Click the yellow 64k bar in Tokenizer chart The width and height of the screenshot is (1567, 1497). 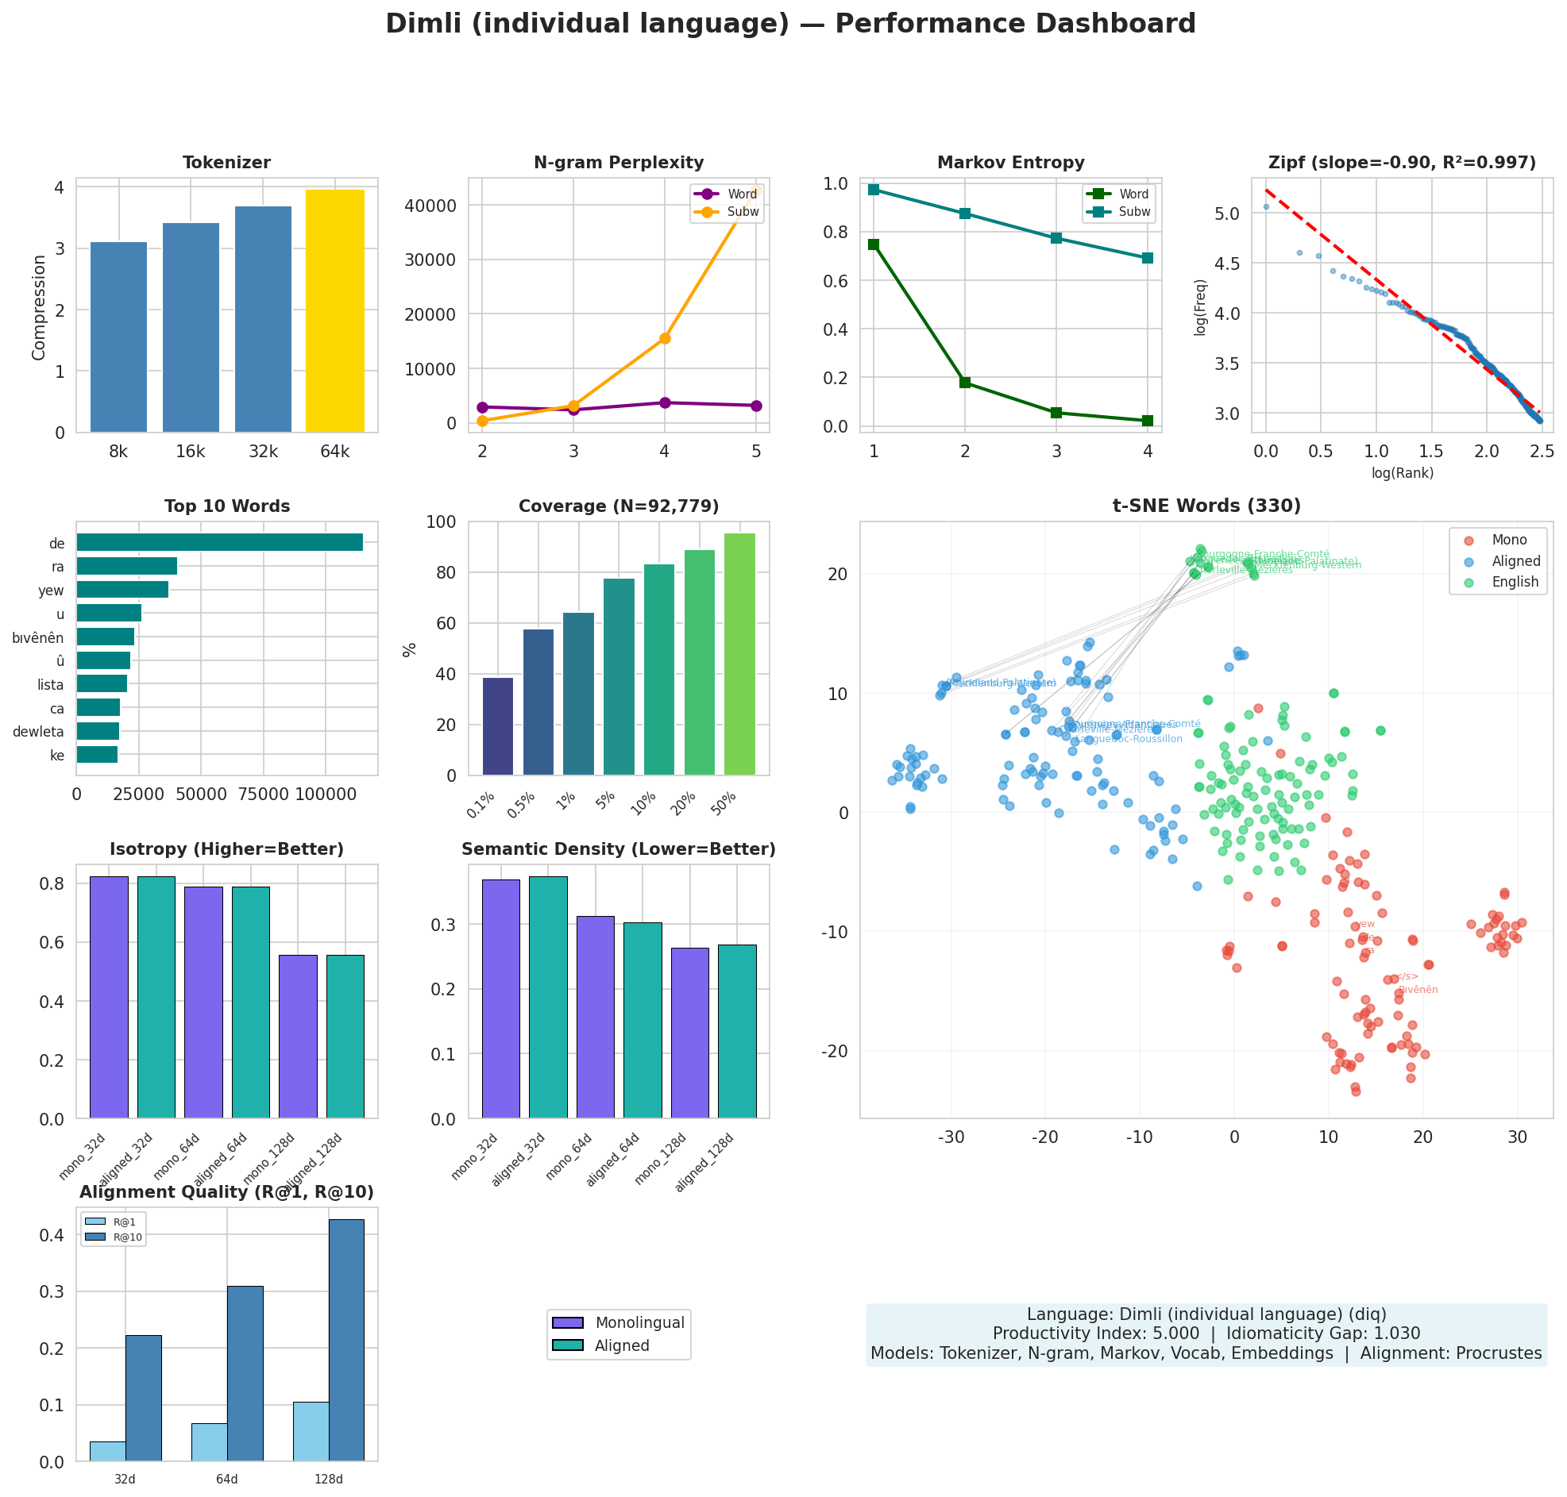(x=334, y=311)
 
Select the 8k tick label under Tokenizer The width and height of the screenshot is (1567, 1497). (x=118, y=452)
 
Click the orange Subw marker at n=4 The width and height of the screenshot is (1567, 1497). (x=664, y=338)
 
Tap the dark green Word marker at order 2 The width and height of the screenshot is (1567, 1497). (x=964, y=383)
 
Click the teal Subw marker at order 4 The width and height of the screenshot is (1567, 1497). (x=1147, y=258)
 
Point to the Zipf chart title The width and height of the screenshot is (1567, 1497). (x=1401, y=163)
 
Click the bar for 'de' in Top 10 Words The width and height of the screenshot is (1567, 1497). (x=219, y=543)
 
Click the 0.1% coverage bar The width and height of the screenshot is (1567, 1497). (x=497, y=726)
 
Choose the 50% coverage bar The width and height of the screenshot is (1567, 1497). (x=739, y=654)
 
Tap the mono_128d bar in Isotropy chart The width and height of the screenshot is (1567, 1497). (x=298, y=1037)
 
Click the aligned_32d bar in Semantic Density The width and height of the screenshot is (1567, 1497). (x=547, y=998)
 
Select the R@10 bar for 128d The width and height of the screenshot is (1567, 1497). (x=345, y=1341)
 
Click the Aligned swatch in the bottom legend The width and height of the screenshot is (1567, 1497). (x=568, y=1345)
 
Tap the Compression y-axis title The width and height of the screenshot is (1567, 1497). (x=39, y=307)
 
